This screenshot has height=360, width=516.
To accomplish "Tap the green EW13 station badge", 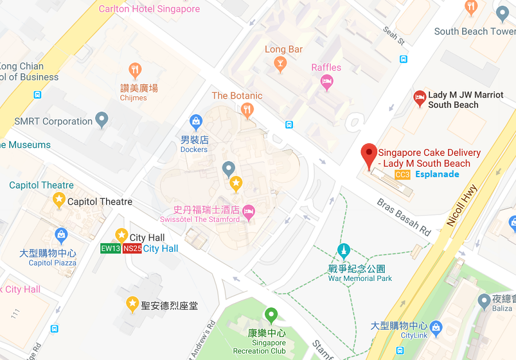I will point(110,249).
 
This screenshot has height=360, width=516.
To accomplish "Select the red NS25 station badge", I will point(132,249).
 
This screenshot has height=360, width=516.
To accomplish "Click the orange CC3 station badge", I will point(402,174).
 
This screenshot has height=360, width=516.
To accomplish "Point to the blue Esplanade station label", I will point(437,174).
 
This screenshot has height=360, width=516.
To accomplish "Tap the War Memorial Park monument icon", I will point(343,251).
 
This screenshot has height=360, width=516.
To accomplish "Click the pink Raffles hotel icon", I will point(326,83).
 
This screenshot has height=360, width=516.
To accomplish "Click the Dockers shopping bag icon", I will point(196,122).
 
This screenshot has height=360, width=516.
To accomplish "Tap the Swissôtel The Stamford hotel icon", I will point(248,212).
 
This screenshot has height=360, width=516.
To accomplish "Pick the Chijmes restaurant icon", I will point(135,71).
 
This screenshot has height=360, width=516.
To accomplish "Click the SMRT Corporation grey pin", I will point(102,120).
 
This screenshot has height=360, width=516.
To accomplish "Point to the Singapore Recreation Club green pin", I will point(271,315).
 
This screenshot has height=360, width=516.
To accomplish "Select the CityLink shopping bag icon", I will point(436,328).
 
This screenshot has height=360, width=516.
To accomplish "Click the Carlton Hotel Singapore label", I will point(149,9).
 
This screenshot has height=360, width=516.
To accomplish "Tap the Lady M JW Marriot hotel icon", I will point(420,99).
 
